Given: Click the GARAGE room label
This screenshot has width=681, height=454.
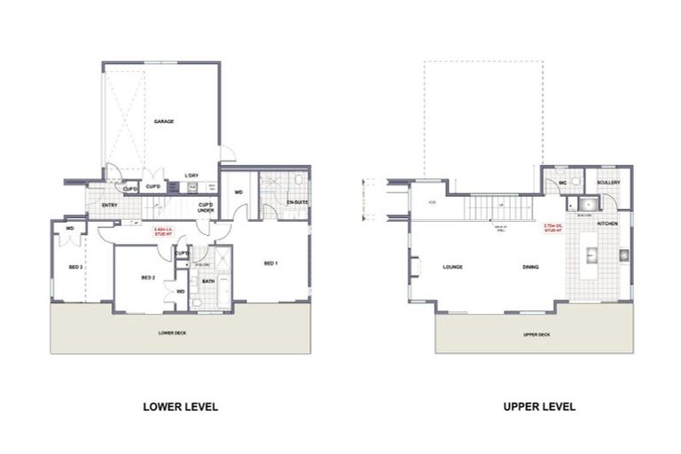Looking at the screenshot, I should pyautogui.click(x=162, y=121).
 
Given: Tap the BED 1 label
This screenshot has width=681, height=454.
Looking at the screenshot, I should pyautogui.click(x=270, y=263).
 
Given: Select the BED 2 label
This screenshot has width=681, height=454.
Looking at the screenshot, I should pyautogui.click(x=149, y=278).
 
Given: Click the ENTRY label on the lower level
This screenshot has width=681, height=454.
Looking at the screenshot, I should pyautogui.click(x=110, y=205).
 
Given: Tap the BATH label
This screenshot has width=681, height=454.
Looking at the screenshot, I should pyautogui.click(x=208, y=281).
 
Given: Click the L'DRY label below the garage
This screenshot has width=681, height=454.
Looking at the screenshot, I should pyautogui.click(x=191, y=175).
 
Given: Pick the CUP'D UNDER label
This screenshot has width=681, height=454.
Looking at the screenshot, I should pyautogui.click(x=205, y=207).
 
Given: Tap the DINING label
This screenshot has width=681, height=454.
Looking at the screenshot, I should pyautogui.click(x=531, y=267).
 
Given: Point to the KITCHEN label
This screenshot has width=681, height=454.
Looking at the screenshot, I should pyautogui.click(x=607, y=223).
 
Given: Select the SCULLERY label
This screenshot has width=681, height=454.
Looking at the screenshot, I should pyautogui.click(x=608, y=182).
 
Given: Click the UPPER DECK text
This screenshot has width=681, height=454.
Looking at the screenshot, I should pyautogui.click(x=536, y=335).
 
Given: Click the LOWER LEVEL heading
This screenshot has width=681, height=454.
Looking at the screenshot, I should pyautogui.click(x=180, y=407).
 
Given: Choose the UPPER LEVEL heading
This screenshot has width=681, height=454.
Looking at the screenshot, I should pyautogui.click(x=539, y=407).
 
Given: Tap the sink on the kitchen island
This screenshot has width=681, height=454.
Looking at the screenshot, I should pyautogui.click(x=593, y=255).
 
